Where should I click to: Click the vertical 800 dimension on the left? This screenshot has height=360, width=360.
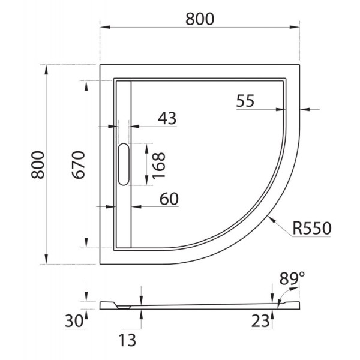coord(38,164)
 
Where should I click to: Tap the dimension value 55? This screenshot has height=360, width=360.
coord(245,101)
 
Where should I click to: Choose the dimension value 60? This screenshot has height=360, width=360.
coord(170,199)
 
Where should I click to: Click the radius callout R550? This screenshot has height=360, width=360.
coord(311,229)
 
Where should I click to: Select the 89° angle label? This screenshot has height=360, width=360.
coord(292,278)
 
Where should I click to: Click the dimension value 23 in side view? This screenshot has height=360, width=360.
coord(260,321)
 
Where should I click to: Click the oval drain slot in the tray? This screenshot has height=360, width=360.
coord(124,164)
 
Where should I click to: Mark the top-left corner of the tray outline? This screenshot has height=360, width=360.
coord(100,63)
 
